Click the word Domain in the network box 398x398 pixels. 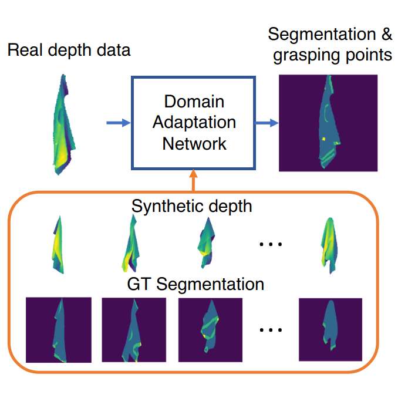[x=194, y=102]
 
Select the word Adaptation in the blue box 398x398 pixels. [x=194, y=122]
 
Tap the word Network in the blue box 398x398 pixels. [x=194, y=143]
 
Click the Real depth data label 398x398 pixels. [x=69, y=50]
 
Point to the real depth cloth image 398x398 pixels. [x=63, y=125]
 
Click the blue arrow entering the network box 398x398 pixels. [x=117, y=123]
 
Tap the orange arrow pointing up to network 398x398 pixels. [x=194, y=181]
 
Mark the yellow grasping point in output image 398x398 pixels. [x=322, y=139]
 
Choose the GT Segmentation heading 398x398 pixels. [x=195, y=285]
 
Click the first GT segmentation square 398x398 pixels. [x=59, y=330]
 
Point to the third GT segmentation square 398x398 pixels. [x=210, y=330]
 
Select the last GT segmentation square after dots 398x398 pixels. [x=330, y=329]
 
